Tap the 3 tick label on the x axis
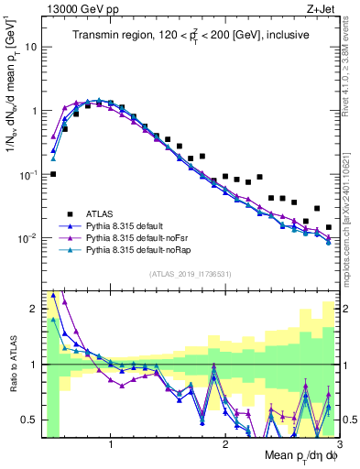pyautogui.click(x=337, y=447)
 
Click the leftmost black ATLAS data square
pyautogui.click(x=53, y=173)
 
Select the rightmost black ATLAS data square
pyautogui.click(x=329, y=227)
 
